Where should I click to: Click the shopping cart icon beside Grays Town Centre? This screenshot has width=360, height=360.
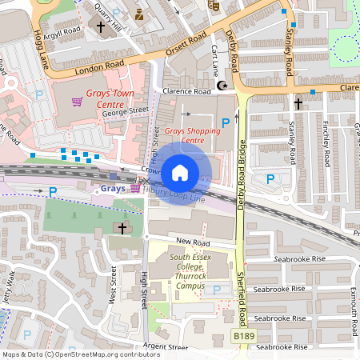pyautogui.click(x=78, y=102)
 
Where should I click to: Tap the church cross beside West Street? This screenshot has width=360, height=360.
pyautogui.click(x=122, y=229)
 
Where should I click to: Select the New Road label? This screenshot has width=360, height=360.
pyautogui.click(x=193, y=242)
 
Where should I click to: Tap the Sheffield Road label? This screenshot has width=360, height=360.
pyautogui.click(x=242, y=288)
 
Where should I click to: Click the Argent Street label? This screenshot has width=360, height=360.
pyautogui.click(x=165, y=347)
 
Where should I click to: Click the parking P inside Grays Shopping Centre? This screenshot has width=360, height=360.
pyautogui.click(x=226, y=122)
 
